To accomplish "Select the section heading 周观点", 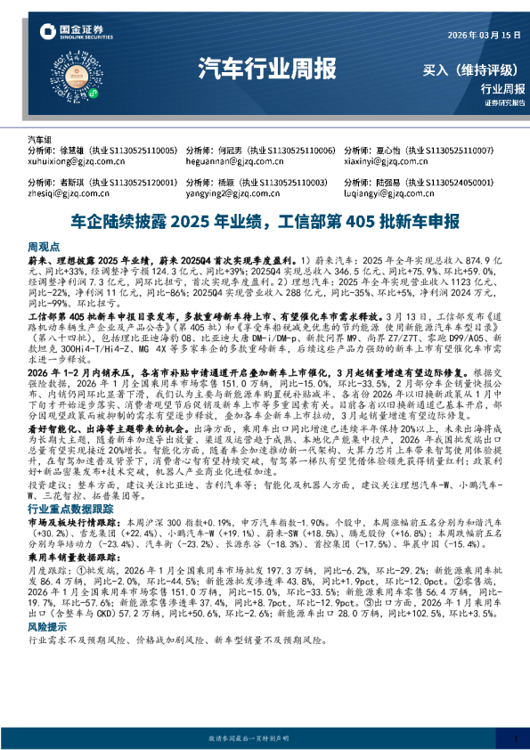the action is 44,244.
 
